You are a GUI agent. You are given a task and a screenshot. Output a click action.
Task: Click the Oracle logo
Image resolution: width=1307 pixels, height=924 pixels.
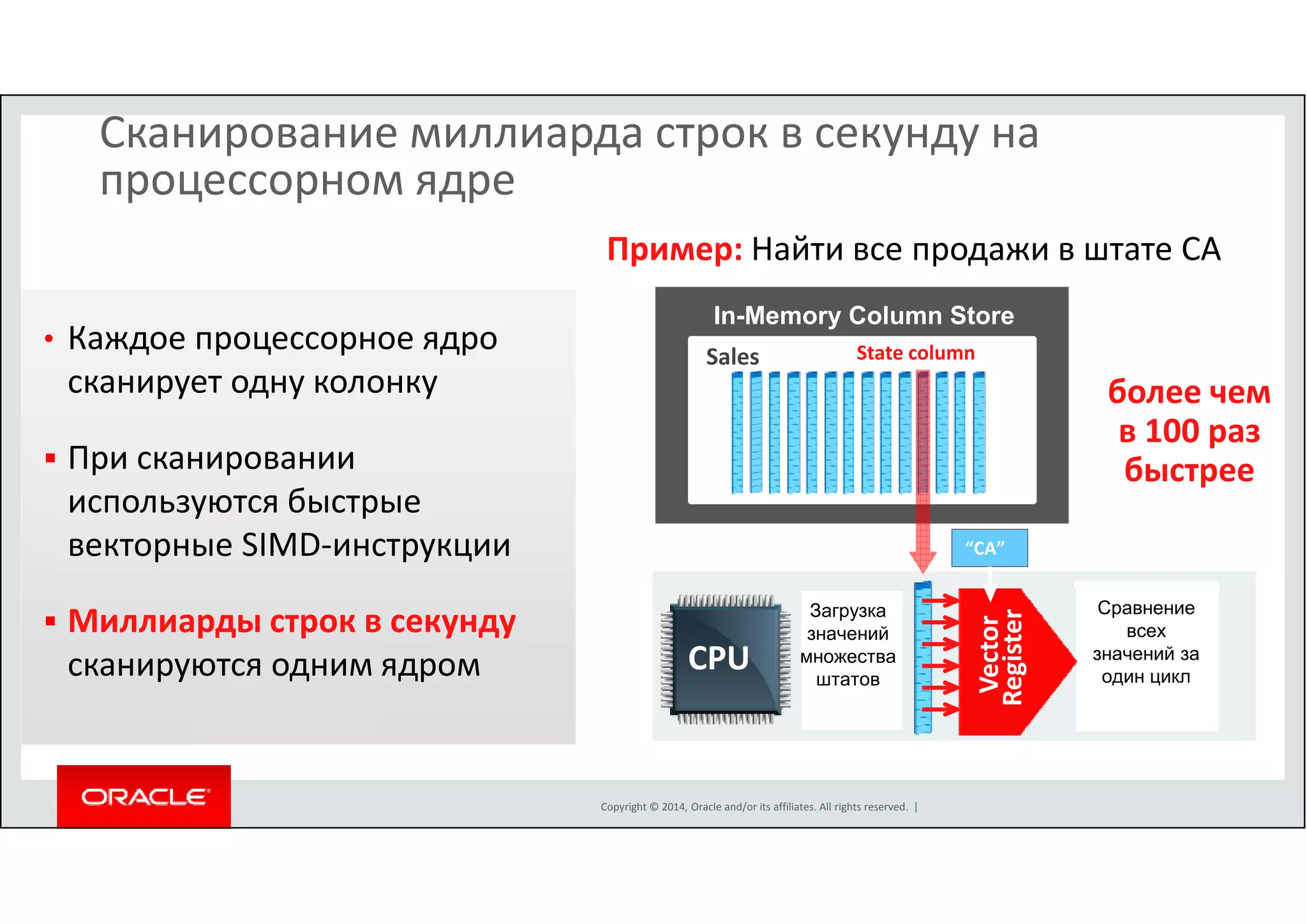click(144, 796)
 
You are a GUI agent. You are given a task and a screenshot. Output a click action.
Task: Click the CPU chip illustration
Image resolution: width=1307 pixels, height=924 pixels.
click(725, 659)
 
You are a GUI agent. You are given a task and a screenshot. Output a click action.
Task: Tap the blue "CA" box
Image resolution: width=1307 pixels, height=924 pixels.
click(989, 548)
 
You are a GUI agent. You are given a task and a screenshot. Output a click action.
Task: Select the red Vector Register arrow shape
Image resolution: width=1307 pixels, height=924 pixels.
click(1008, 660)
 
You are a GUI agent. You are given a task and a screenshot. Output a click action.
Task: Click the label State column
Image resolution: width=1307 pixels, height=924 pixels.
click(915, 353)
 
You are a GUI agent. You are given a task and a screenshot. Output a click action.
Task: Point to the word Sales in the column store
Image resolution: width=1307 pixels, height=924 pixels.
click(732, 357)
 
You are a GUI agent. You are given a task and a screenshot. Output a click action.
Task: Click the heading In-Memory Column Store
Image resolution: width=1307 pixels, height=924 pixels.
click(863, 315)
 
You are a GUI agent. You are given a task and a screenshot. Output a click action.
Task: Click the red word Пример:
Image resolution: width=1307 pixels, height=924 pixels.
click(674, 250)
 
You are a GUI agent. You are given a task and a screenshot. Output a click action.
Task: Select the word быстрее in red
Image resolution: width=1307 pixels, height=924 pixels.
click(1188, 470)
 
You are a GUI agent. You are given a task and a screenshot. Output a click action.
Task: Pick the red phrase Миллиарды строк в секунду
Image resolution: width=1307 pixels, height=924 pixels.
click(292, 621)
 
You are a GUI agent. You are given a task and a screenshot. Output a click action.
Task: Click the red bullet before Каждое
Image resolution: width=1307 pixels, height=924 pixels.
click(49, 339)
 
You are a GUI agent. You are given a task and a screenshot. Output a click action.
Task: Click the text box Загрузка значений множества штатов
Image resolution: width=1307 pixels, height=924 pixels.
click(848, 645)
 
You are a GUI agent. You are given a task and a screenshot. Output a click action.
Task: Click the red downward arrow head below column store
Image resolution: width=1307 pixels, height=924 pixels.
click(923, 562)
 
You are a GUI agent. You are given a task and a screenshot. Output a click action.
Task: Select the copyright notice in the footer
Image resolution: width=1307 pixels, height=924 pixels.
click(754, 807)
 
